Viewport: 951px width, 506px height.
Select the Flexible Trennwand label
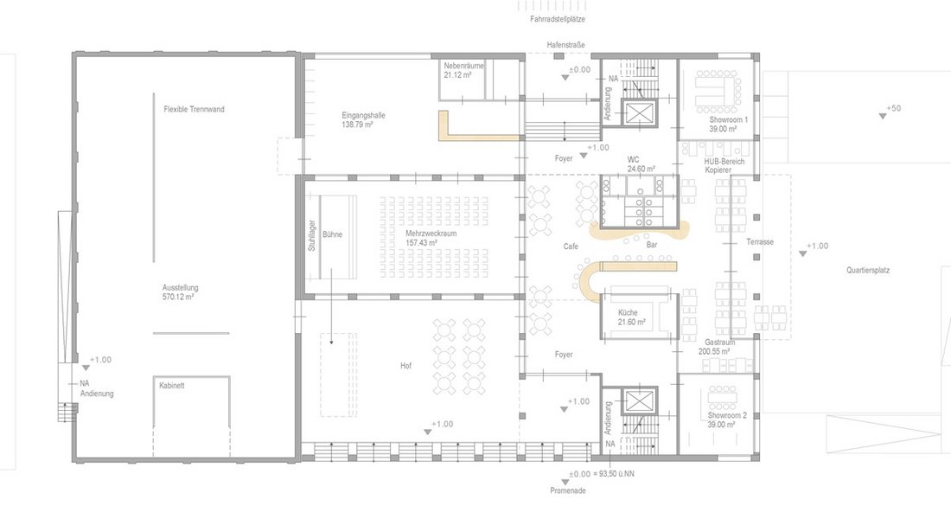click(194, 109)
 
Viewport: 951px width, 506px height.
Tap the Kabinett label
click(172, 385)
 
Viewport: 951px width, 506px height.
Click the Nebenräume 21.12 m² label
click(463, 70)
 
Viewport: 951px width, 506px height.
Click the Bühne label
click(332, 234)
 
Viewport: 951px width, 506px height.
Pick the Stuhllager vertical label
click(312, 235)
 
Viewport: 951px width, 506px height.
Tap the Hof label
click(405, 366)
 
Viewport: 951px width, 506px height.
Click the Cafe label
click(571, 247)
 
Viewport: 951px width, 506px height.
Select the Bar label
click(652, 245)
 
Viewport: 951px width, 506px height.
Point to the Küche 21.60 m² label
click(631, 317)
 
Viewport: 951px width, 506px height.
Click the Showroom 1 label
click(729, 120)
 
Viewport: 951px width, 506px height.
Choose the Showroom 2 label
click(727, 415)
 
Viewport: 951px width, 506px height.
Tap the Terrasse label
click(760, 241)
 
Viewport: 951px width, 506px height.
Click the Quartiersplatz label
click(868, 270)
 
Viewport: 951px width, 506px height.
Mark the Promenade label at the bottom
click(568, 490)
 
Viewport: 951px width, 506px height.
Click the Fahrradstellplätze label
click(558, 19)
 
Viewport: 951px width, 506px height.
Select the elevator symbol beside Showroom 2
click(639, 400)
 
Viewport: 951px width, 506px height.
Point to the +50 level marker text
click(893, 109)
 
